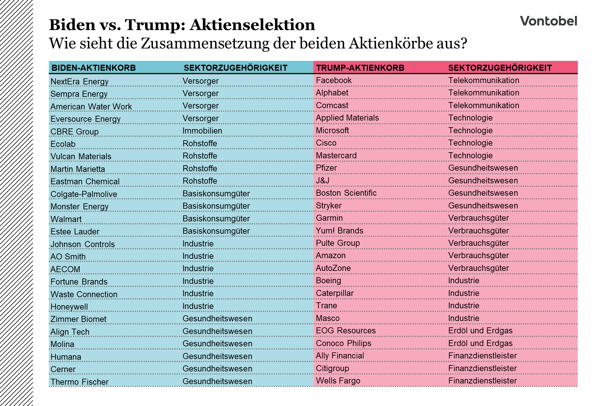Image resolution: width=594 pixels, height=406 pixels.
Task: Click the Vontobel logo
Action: coord(548,21)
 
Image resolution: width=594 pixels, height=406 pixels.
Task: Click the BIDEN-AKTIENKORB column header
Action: coord(94,68)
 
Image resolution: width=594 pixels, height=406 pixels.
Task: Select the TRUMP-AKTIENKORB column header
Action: coord(360,68)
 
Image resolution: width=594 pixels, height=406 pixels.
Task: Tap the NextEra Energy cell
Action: coord(79,82)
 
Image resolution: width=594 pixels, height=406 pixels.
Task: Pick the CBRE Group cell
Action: coord(75,132)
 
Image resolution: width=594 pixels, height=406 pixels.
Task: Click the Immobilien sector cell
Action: coord(202,131)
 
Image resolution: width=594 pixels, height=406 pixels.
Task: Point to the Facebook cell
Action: coord(334,81)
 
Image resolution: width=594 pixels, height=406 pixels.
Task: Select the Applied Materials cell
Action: coord(347,118)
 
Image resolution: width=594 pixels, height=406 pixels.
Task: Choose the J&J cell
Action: coord(323,180)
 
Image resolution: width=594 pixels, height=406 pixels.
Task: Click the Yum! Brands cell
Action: coord(339,231)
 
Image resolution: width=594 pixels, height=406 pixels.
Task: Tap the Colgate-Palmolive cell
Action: coord(84,194)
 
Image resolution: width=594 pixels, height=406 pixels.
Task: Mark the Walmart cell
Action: coord(66,219)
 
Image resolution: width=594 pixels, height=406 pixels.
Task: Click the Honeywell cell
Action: coord(69,307)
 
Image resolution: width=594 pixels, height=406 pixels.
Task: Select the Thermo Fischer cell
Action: coord(79,382)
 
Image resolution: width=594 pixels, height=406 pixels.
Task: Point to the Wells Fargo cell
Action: coord(338,381)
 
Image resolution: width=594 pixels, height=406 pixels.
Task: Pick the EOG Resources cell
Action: coord(346,331)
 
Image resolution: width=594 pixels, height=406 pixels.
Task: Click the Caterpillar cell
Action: coord(335,293)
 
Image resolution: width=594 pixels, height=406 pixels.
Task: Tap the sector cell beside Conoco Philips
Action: coord(480,343)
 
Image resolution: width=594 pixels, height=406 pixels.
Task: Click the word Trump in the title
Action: coord(155,25)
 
